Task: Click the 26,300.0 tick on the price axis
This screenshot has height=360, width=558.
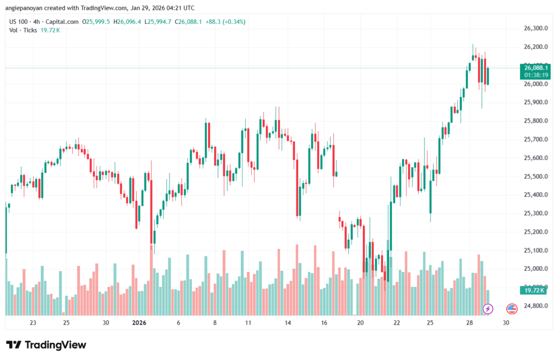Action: pyautogui.click(x=535, y=28)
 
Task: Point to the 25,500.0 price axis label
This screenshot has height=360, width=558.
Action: pyautogui.click(x=535, y=176)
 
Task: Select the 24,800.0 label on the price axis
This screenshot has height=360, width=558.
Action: pyautogui.click(x=535, y=306)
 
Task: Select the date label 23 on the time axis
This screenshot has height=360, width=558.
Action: pyautogui.click(x=33, y=322)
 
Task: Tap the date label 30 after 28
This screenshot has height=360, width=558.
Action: pyautogui.click(x=506, y=322)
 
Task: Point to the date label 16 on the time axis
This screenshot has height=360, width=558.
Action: pyautogui.click(x=324, y=322)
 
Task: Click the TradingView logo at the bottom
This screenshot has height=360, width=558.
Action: pyautogui.click(x=46, y=345)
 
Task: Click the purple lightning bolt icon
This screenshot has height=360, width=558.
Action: pyautogui.click(x=488, y=309)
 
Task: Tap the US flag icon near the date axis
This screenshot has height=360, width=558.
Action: pyautogui.click(x=512, y=309)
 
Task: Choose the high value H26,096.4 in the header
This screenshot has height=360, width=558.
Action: pyautogui.click(x=126, y=22)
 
